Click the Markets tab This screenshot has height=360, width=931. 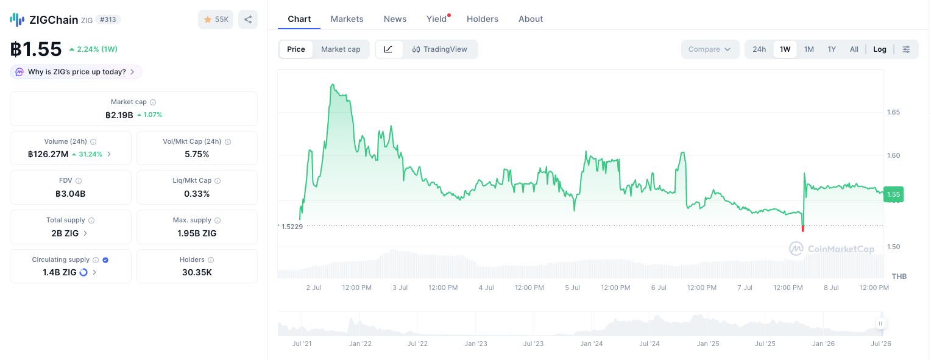pyautogui.click(x=347, y=19)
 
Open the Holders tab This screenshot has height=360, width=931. pyautogui.click(x=482, y=19)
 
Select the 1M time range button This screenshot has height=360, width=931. pyautogui.click(x=809, y=49)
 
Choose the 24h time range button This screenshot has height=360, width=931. pyautogui.click(x=759, y=49)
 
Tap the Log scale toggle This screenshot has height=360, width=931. pyautogui.click(x=879, y=49)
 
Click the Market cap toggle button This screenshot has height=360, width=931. pyautogui.click(x=341, y=49)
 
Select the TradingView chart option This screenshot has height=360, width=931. pyautogui.click(x=440, y=49)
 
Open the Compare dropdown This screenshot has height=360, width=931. pyautogui.click(x=709, y=49)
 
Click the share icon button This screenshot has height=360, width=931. pyautogui.click(x=248, y=19)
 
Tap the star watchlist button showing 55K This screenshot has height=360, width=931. pyautogui.click(x=216, y=19)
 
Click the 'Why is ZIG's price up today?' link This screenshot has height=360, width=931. pyautogui.click(x=76, y=72)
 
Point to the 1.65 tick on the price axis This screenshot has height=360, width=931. pyautogui.click(x=893, y=112)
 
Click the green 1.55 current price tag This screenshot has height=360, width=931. pyautogui.click(x=893, y=194)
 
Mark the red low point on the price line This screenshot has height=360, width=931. pyautogui.click(x=802, y=228)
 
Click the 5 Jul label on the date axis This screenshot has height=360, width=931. pyautogui.click(x=572, y=288)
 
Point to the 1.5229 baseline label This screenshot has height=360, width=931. pyautogui.click(x=292, y=227)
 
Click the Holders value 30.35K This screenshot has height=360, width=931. pyautogui.click(x=197, y=273)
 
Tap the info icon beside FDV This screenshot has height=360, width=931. pyautogui.click(x=79, y=181)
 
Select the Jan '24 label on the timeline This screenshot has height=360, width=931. pyautogui.click(x=592, y=344)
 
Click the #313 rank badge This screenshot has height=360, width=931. pyautogui.click(x=108, y=19)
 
